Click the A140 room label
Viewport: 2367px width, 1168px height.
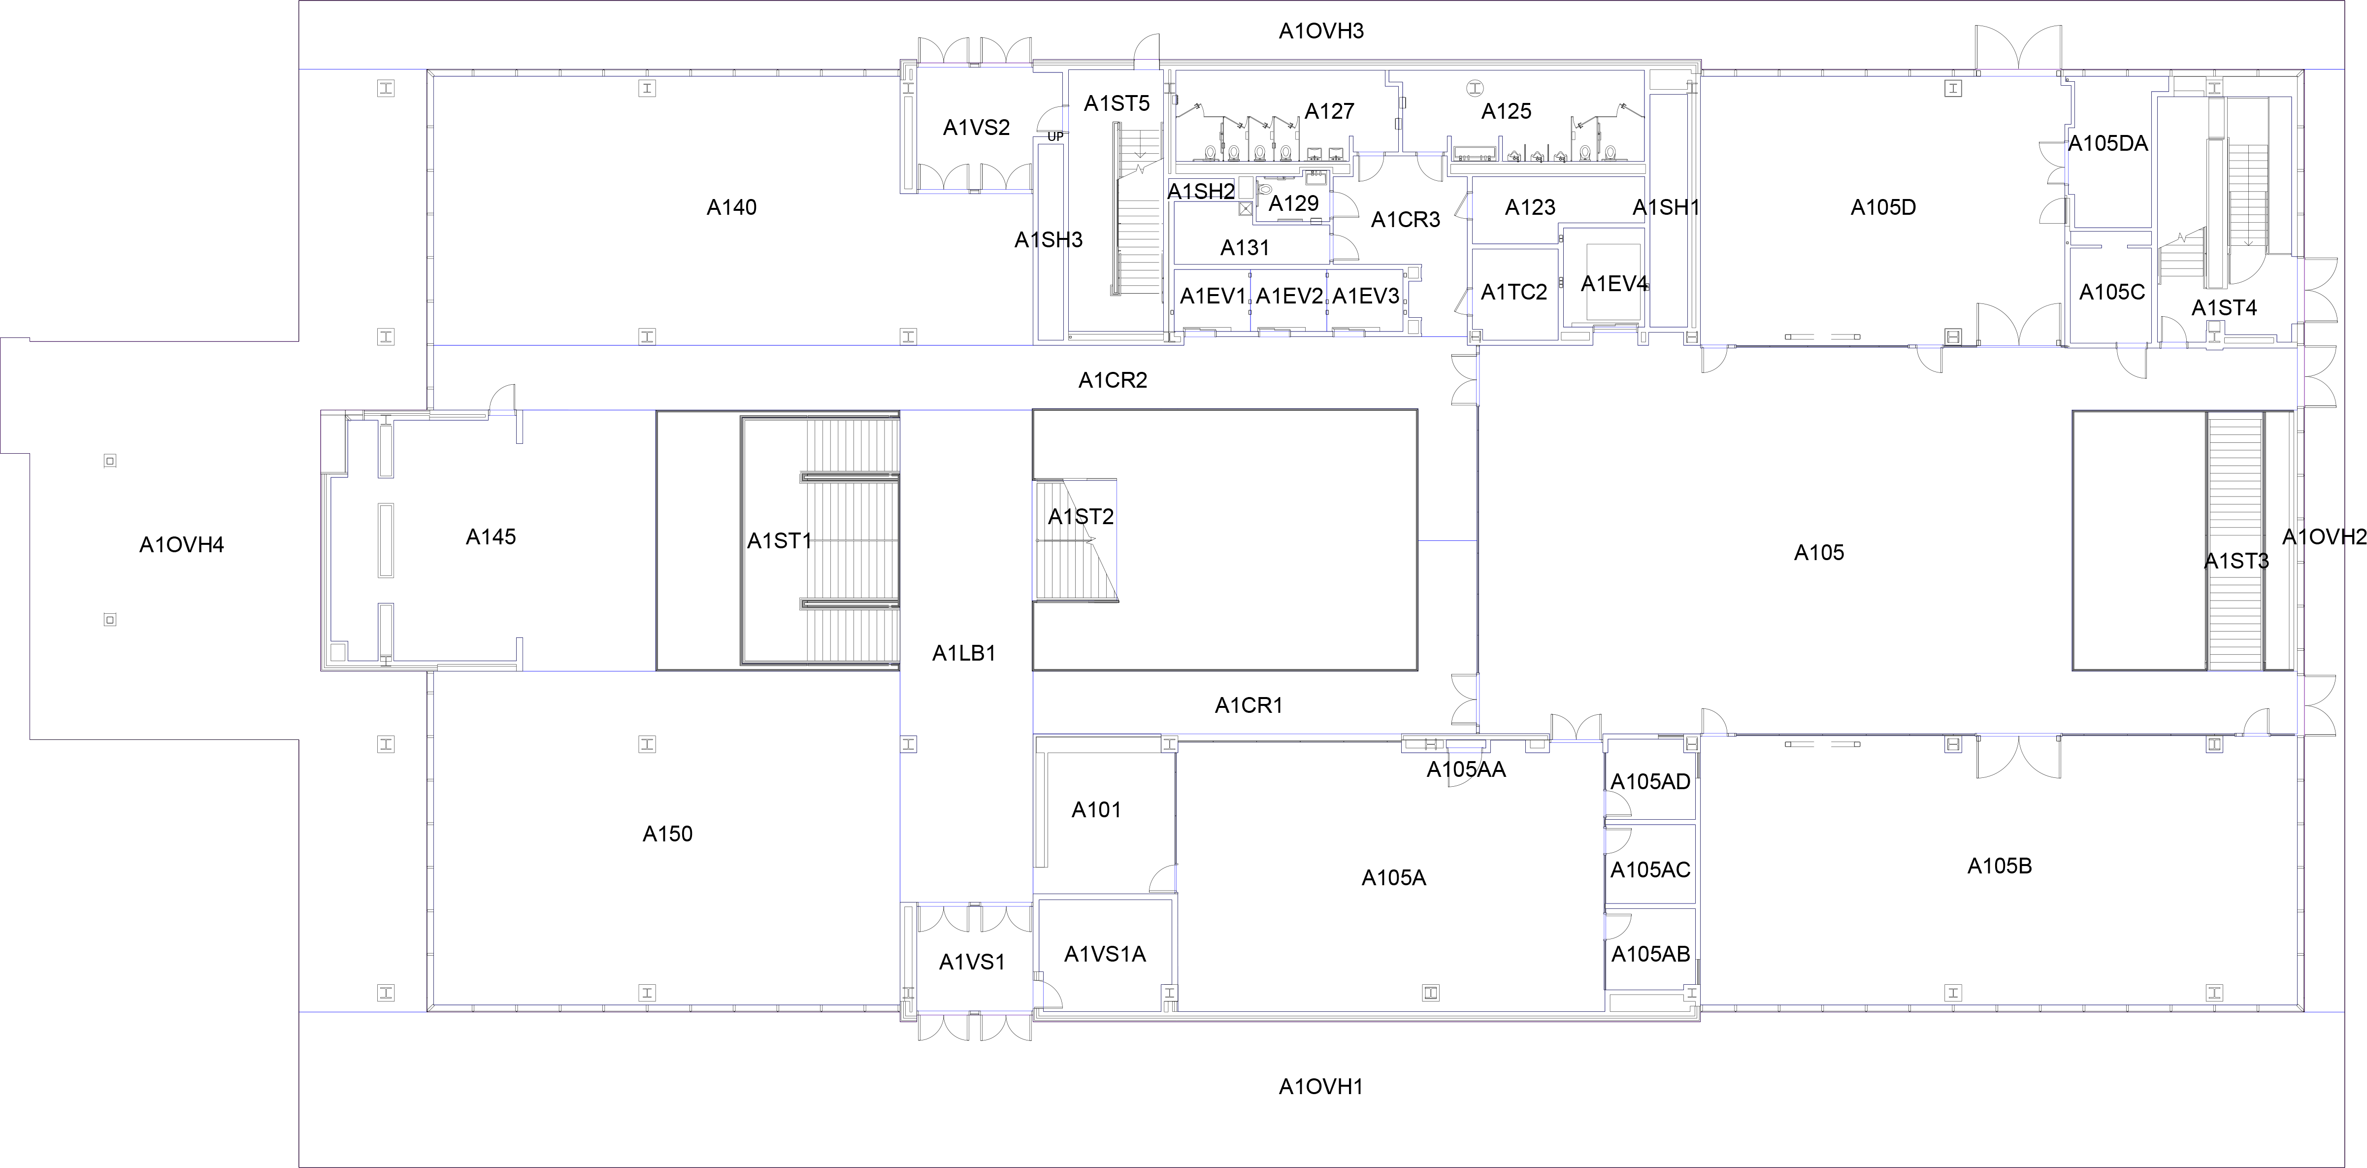(x=731, y=208)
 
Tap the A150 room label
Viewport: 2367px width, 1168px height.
(x=667, y=834)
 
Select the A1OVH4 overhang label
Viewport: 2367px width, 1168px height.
(x=181, y=545)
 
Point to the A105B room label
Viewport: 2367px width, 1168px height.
(x=1999, y=866)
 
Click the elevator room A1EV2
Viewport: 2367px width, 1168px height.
(x=1289, y=296)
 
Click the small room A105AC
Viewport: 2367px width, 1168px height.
(x=1649, y=869)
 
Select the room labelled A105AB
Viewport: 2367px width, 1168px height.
(x=1649, y=954)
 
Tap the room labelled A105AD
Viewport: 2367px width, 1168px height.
(x=1649, y=781)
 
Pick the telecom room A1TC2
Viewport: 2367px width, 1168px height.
(x=1513, y=292)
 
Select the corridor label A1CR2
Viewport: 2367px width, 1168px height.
(x=1112, y=379)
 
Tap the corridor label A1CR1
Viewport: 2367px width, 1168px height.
(x=1248, y=705)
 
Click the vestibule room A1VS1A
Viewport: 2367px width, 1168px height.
(x=1105, y=954)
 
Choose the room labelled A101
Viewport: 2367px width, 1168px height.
(x=1096, y=809)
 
